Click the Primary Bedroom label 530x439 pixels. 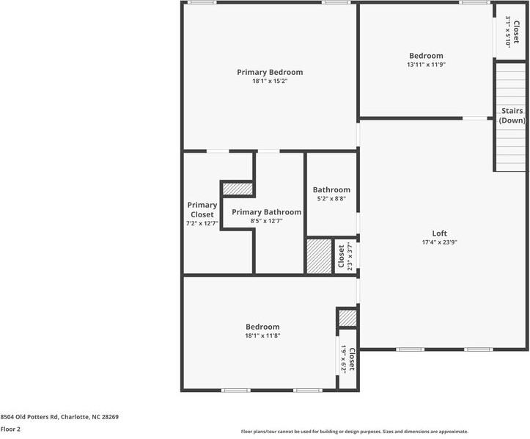[x=269, y=72]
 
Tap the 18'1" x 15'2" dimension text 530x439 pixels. [x=269, y=81]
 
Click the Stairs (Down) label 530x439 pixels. [x=512, y=115]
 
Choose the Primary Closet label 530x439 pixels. [x=202, y=210]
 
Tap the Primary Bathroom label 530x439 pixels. [x=266, y=212]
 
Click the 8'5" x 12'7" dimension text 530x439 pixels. [x=266, y=221]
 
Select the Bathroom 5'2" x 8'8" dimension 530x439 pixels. [x=331, y=199]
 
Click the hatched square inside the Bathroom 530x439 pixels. [x=319, y=256]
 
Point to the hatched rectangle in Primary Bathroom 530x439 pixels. [x=238, y=189]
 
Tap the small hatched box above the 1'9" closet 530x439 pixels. [x=347, y=318]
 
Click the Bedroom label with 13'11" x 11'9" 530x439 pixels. [x=426, y=56]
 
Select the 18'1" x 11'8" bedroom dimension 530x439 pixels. [x=262, y=335]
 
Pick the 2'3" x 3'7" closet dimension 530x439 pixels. [x=350, y=256]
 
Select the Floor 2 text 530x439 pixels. [x=10, y=429]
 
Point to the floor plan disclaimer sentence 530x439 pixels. [x=355, y=432]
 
